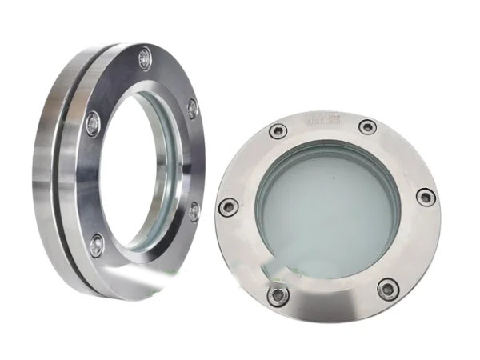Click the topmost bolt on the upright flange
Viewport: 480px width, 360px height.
click(x=144, y=57)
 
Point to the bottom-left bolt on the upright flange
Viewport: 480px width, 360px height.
click(x=96, y=245)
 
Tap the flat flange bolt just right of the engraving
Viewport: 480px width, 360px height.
click(x=367, y=126)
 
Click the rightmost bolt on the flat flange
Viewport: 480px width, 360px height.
click(x=426, y=197)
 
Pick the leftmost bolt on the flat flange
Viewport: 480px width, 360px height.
click(x=229, y=206)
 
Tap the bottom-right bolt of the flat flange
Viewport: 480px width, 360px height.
click(x=388, y=287)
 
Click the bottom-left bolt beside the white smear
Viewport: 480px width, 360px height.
click(x=278, y=297)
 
